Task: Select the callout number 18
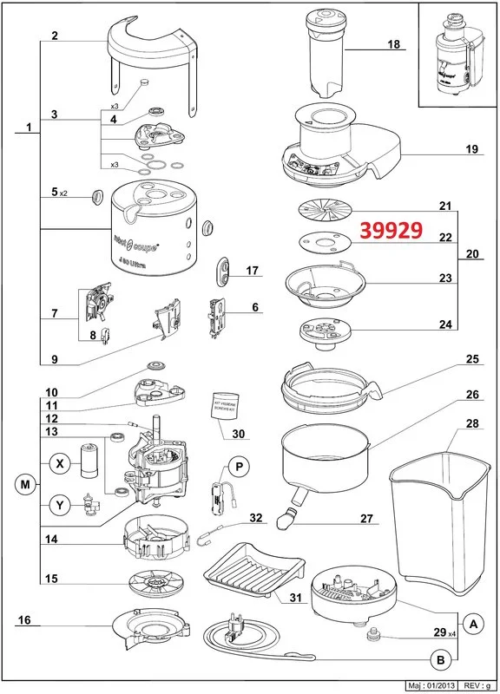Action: point(393,44)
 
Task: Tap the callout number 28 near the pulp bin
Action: point(472,424)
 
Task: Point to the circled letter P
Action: point(240,468)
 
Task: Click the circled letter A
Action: point(471,623)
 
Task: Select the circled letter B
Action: point(440,660)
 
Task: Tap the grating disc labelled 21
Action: point(326,211)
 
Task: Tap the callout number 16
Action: point(23,620)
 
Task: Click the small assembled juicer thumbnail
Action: point(457,54)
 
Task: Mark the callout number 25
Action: point(472,358)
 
